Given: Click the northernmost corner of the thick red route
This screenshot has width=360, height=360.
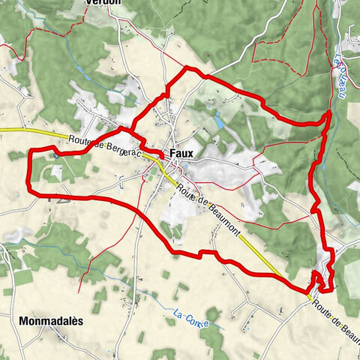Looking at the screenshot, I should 187,68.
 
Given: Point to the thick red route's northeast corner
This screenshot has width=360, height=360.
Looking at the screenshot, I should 329,113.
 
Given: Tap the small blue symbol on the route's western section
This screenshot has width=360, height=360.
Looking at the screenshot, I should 56,156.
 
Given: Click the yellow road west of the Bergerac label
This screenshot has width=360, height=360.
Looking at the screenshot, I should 30,132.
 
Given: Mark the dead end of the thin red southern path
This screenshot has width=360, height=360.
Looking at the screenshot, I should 88,274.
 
